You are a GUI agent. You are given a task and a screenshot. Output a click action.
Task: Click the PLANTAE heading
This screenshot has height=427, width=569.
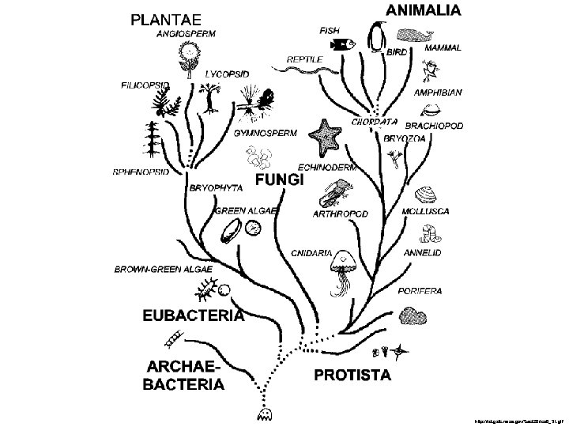(x=167, y=18)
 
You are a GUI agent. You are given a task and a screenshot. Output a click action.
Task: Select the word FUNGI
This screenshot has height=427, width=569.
(x=280, y=181)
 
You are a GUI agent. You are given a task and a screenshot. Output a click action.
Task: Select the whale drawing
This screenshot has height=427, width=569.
(x=416, y=36)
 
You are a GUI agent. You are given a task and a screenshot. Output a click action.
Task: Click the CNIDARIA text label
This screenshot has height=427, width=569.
(x=311, y=253)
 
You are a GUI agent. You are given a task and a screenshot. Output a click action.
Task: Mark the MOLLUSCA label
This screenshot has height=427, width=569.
(x=425, y=212)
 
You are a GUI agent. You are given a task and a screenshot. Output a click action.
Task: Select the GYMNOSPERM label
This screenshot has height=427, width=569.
(x=266, y=133)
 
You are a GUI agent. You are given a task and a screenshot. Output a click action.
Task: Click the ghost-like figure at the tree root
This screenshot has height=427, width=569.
(x=262, y=413)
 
